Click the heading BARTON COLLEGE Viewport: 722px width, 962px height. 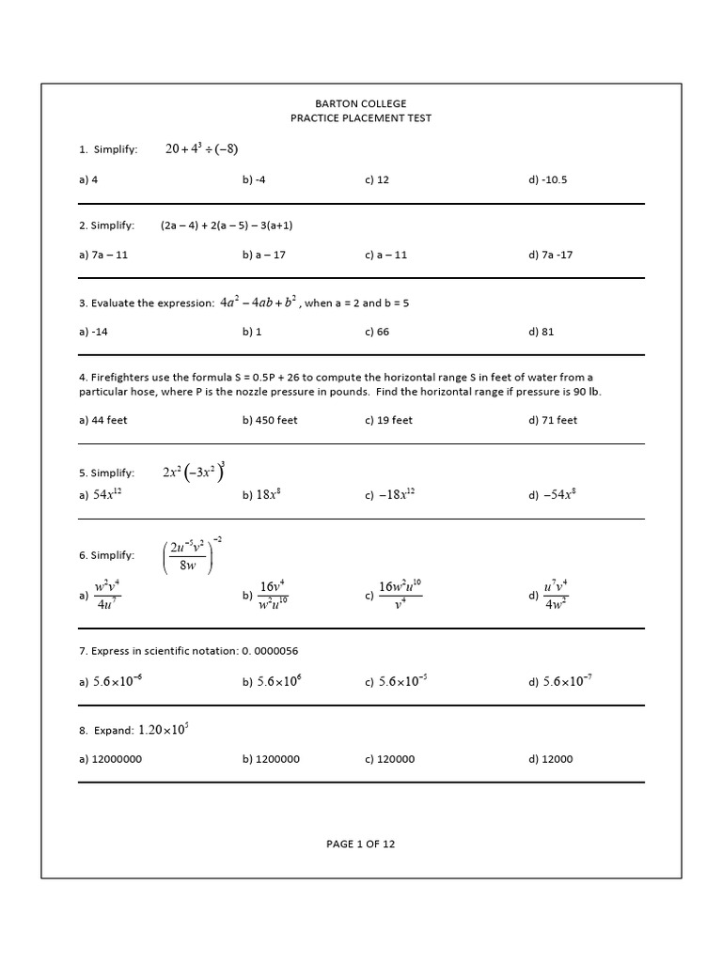[x=360, y=103]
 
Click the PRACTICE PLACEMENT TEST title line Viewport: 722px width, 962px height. [x=360, y=118]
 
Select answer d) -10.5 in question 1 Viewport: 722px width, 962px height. [x=548, y=179]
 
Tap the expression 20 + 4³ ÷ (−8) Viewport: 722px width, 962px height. [x=201, y=148]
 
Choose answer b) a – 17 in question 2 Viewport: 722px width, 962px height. [x=264, y=255]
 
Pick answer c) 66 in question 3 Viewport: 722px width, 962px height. [x=377, y=331]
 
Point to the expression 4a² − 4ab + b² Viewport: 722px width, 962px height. [x=259, y=303]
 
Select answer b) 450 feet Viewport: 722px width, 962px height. [x=270, y=420]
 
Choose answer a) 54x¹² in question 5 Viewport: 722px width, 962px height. [x=101, y=495]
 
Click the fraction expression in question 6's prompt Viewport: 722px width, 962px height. [x=194, y=555]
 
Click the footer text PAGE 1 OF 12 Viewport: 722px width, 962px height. [x=360, y=844]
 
